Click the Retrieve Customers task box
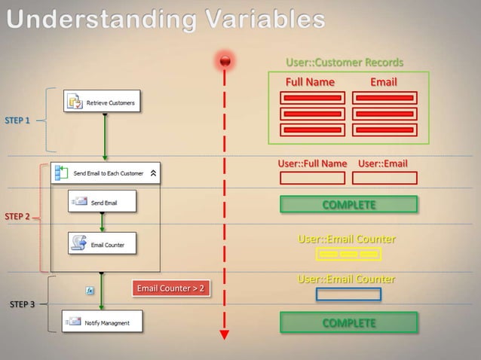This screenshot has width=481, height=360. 103,102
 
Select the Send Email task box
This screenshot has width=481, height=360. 103,202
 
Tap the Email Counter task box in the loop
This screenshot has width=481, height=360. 103,243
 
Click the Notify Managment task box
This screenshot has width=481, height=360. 103,322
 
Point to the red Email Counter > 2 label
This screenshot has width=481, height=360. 170,288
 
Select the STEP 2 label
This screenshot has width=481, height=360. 18,217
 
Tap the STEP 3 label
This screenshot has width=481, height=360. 22,304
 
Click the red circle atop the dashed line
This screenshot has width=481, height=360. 225,60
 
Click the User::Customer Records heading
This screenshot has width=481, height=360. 345,63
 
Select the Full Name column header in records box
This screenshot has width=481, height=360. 310,81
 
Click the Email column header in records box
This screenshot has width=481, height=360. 384,81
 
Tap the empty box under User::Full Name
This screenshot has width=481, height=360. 312,178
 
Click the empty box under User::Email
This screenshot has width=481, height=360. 384,178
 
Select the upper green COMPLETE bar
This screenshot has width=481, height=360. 348,204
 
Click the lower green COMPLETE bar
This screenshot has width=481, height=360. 348,322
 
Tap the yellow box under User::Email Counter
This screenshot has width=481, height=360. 348,255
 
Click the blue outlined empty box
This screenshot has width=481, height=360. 348,294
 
